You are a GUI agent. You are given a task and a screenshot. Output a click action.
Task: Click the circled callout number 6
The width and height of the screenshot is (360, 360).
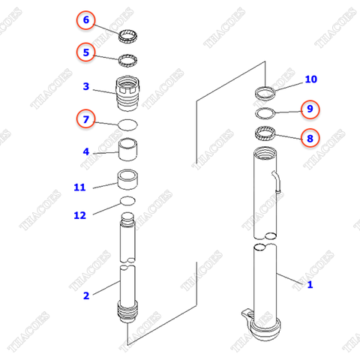point(86,20)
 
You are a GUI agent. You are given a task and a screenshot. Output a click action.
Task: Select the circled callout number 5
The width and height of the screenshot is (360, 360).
point(86,52)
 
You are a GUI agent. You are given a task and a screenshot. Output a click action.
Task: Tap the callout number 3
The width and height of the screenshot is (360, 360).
point(86,87)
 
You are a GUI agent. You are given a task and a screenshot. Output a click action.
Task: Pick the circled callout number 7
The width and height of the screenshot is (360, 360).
point(86,118)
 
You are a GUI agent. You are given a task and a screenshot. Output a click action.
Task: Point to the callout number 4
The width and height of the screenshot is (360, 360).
point(86,151)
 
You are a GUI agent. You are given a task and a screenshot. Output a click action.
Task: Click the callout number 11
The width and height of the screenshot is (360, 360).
point(80,187)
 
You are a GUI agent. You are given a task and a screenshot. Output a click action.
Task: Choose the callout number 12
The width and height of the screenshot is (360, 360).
point(80,215)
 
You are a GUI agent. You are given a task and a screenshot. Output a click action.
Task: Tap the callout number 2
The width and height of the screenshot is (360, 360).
point(86,295)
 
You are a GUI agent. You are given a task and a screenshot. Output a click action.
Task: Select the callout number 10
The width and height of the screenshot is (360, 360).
point(310,79)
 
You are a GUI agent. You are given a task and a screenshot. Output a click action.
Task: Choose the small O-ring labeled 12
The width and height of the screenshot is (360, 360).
point(128,202)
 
